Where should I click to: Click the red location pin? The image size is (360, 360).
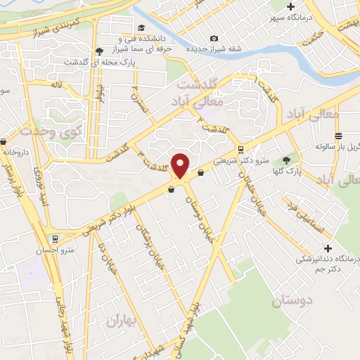click(x=181, y=165)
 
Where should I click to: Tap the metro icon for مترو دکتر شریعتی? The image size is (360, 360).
click(x=241, y=149)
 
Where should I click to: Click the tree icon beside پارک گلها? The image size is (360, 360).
click(x=285, y=159)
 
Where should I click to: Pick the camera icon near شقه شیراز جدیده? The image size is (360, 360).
click(x=214, y=39)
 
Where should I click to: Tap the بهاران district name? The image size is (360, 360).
click(x=120, y=321)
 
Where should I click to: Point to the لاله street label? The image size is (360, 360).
click(x=57, y=84)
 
